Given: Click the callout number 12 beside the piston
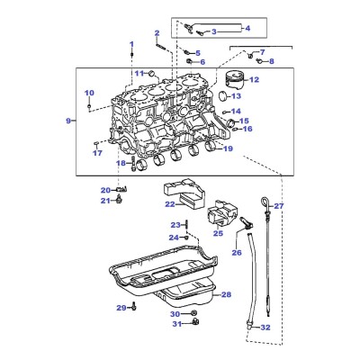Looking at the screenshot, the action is point(254,79).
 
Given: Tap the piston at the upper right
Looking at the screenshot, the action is point(234,79).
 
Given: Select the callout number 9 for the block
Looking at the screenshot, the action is point(68,121).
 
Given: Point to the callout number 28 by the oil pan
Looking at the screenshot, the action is point(226,294).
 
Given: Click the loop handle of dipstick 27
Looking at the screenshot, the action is point(264,200).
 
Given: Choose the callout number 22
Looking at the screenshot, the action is point(170,204).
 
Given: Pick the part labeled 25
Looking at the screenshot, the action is point(222,213).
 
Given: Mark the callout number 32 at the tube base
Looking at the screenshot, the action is point(265,328).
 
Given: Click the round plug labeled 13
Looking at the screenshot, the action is point(224,95).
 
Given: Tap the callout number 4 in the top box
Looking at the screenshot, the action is point(247,28).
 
